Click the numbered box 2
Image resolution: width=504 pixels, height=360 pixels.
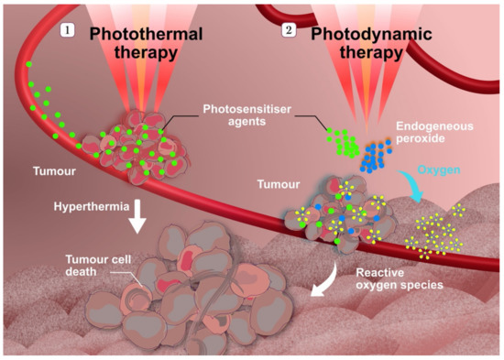(290, 31)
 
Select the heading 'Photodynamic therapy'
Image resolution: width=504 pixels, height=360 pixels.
(356, 42)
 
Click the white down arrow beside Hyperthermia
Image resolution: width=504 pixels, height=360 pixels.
(139, 212)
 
